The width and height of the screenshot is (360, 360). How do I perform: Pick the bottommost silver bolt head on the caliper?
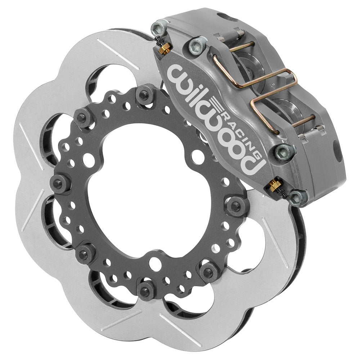[x=296, y=197]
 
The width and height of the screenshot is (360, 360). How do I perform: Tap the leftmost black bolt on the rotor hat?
[x=57, y=180]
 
